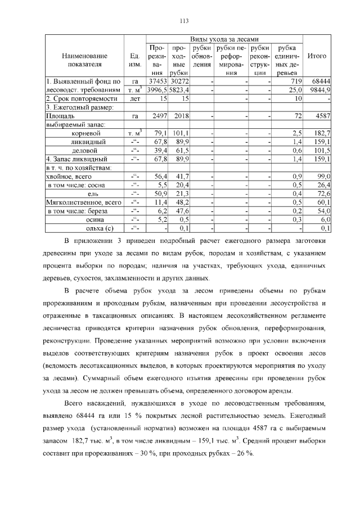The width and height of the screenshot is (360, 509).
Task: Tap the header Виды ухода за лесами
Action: click(224, 39)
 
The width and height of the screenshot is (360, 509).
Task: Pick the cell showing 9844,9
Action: click(318, 90)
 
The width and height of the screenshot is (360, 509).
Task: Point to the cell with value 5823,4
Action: click(179, 90)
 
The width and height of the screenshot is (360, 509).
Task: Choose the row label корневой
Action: click(86, 133)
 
